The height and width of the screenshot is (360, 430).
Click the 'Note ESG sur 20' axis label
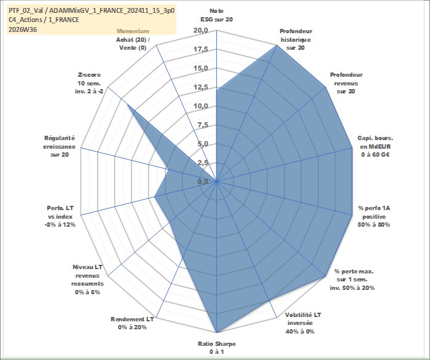coord(217,15)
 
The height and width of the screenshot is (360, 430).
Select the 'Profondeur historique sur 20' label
coord(295,39)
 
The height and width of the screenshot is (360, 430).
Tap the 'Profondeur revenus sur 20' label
coord(346,83)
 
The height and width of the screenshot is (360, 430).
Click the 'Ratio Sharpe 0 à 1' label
coord(217,348)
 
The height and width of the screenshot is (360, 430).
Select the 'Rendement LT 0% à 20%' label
coord(132,323)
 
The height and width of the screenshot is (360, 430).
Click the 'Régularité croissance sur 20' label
coord(59,146)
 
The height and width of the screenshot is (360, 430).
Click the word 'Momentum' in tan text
coord(133,31)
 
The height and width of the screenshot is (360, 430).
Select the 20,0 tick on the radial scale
coord(201,31)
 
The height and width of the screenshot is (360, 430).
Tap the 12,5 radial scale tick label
coord(201,87)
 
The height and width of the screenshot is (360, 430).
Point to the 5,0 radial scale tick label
coord(203,144)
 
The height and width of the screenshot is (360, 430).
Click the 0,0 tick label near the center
coord(203,181)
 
